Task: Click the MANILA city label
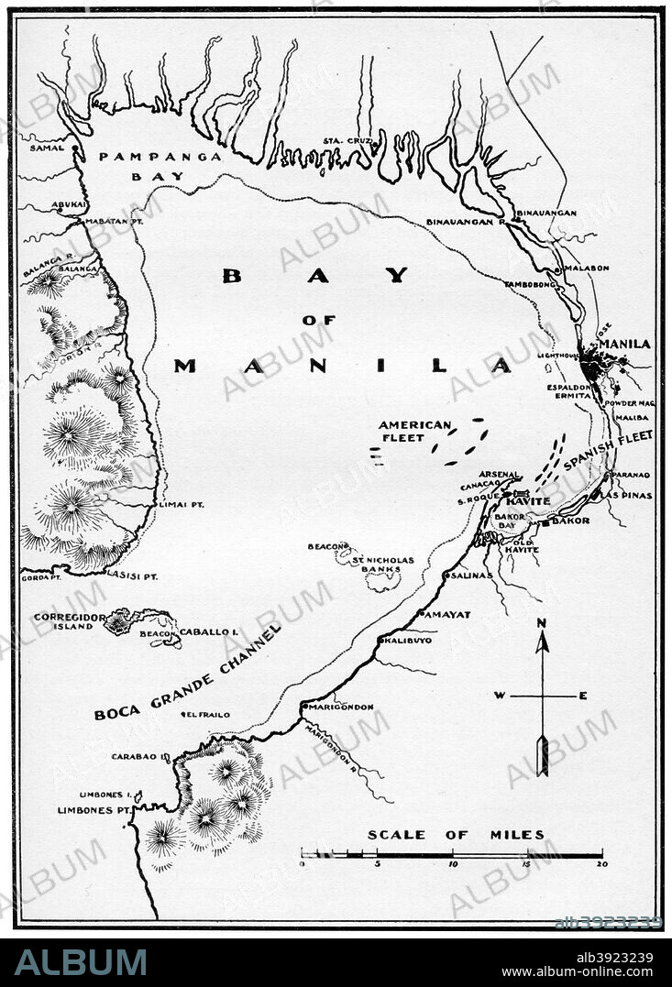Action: coord(630,344)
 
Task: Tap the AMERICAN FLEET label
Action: coord(415,432)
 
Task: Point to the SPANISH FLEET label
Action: coord(609,451)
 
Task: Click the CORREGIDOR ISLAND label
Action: coord(64,621)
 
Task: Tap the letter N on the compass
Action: coord(542,623)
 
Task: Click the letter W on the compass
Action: coord(501,696)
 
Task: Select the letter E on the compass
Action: coord(583,696)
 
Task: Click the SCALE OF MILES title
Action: coord(456,835)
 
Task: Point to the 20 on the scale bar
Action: coord(601,864)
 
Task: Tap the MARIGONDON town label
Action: coord(341,707)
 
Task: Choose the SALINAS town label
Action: coord(471,576)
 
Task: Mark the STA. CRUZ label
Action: coord(344,141)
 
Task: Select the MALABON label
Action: coord(587,269)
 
